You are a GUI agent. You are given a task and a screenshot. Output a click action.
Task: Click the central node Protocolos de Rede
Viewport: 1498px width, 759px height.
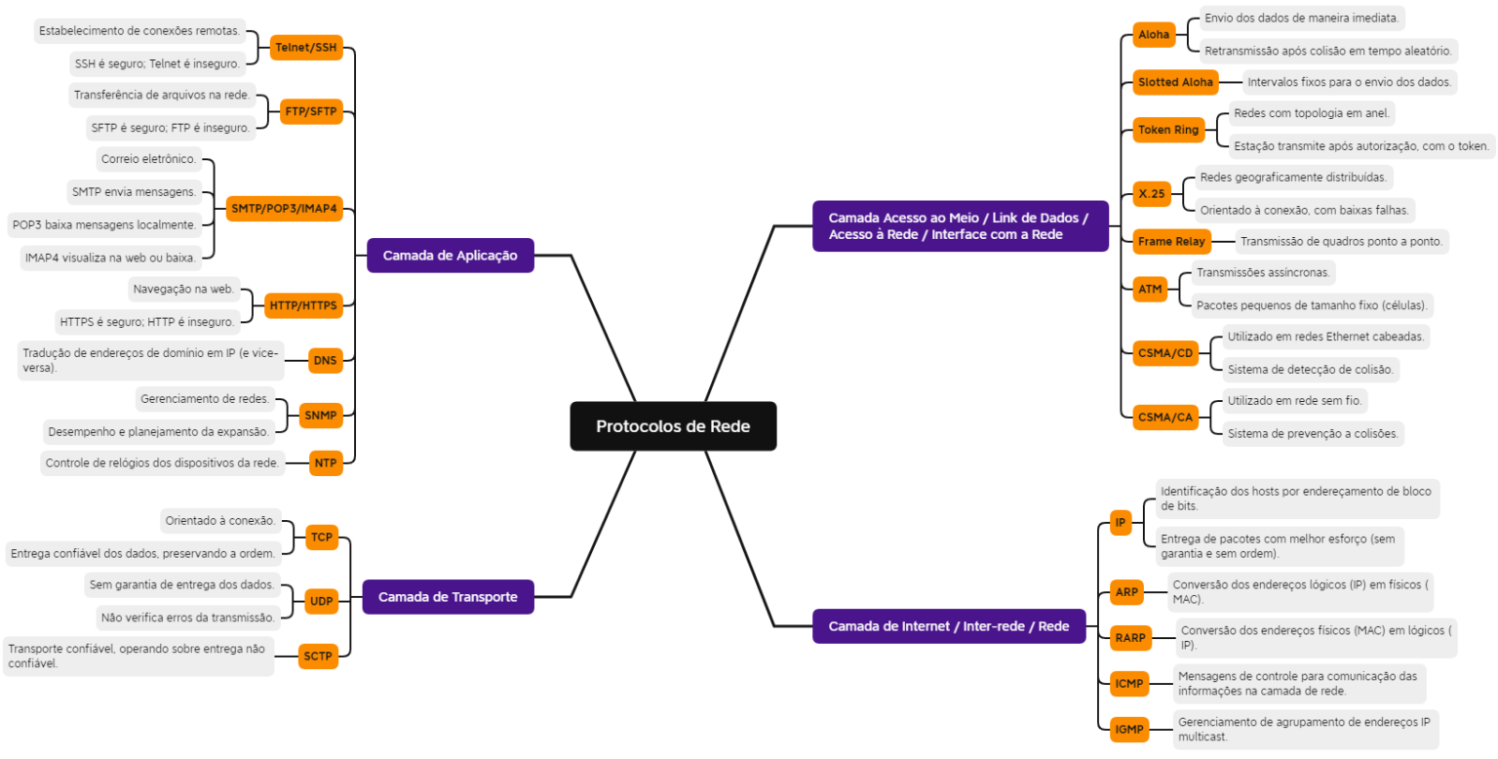pos(673,426)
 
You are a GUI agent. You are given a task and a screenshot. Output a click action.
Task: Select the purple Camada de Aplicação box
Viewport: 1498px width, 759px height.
pos(450,256)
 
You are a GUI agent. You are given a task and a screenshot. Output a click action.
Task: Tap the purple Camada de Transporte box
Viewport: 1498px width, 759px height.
pos(448,596)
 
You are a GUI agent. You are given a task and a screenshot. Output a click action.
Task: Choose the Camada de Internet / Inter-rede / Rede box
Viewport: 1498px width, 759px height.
pos(948,625)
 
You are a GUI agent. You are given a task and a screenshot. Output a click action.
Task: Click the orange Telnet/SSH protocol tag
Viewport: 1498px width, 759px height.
pos(305,47)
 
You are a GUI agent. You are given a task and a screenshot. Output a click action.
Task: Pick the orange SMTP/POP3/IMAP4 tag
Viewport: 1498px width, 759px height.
pos(284,208)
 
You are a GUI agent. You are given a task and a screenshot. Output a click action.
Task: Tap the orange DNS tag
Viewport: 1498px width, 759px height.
pos(325,361)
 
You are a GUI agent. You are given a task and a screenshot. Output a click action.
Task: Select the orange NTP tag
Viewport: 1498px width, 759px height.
pos(325,463)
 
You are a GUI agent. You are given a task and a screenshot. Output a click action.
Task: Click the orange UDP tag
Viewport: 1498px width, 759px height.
pos(321,601)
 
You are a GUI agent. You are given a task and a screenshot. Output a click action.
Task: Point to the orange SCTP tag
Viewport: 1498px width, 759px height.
pos(318,657)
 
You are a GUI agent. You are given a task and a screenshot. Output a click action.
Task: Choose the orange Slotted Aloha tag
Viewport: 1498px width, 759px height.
pos(1175,82)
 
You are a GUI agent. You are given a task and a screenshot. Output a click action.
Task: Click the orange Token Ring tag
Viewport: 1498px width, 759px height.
pos(1167,129)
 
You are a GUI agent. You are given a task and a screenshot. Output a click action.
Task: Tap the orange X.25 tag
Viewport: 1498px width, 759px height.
pos(1151,194)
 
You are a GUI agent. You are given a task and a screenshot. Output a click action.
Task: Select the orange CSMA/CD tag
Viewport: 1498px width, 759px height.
pos(1164,352)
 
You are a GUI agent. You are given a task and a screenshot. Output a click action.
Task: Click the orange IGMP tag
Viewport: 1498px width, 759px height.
pos(1129,728)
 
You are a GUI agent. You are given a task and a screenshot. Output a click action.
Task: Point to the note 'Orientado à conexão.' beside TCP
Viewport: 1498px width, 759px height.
pos(221,521)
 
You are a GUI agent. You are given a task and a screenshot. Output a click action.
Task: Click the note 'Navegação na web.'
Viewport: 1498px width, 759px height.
pos(183,289)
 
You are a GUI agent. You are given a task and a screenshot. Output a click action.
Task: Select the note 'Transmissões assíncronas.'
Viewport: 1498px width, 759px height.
pos(1265,273)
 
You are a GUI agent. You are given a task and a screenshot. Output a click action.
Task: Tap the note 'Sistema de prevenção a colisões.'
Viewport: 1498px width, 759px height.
pos(1313,433)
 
